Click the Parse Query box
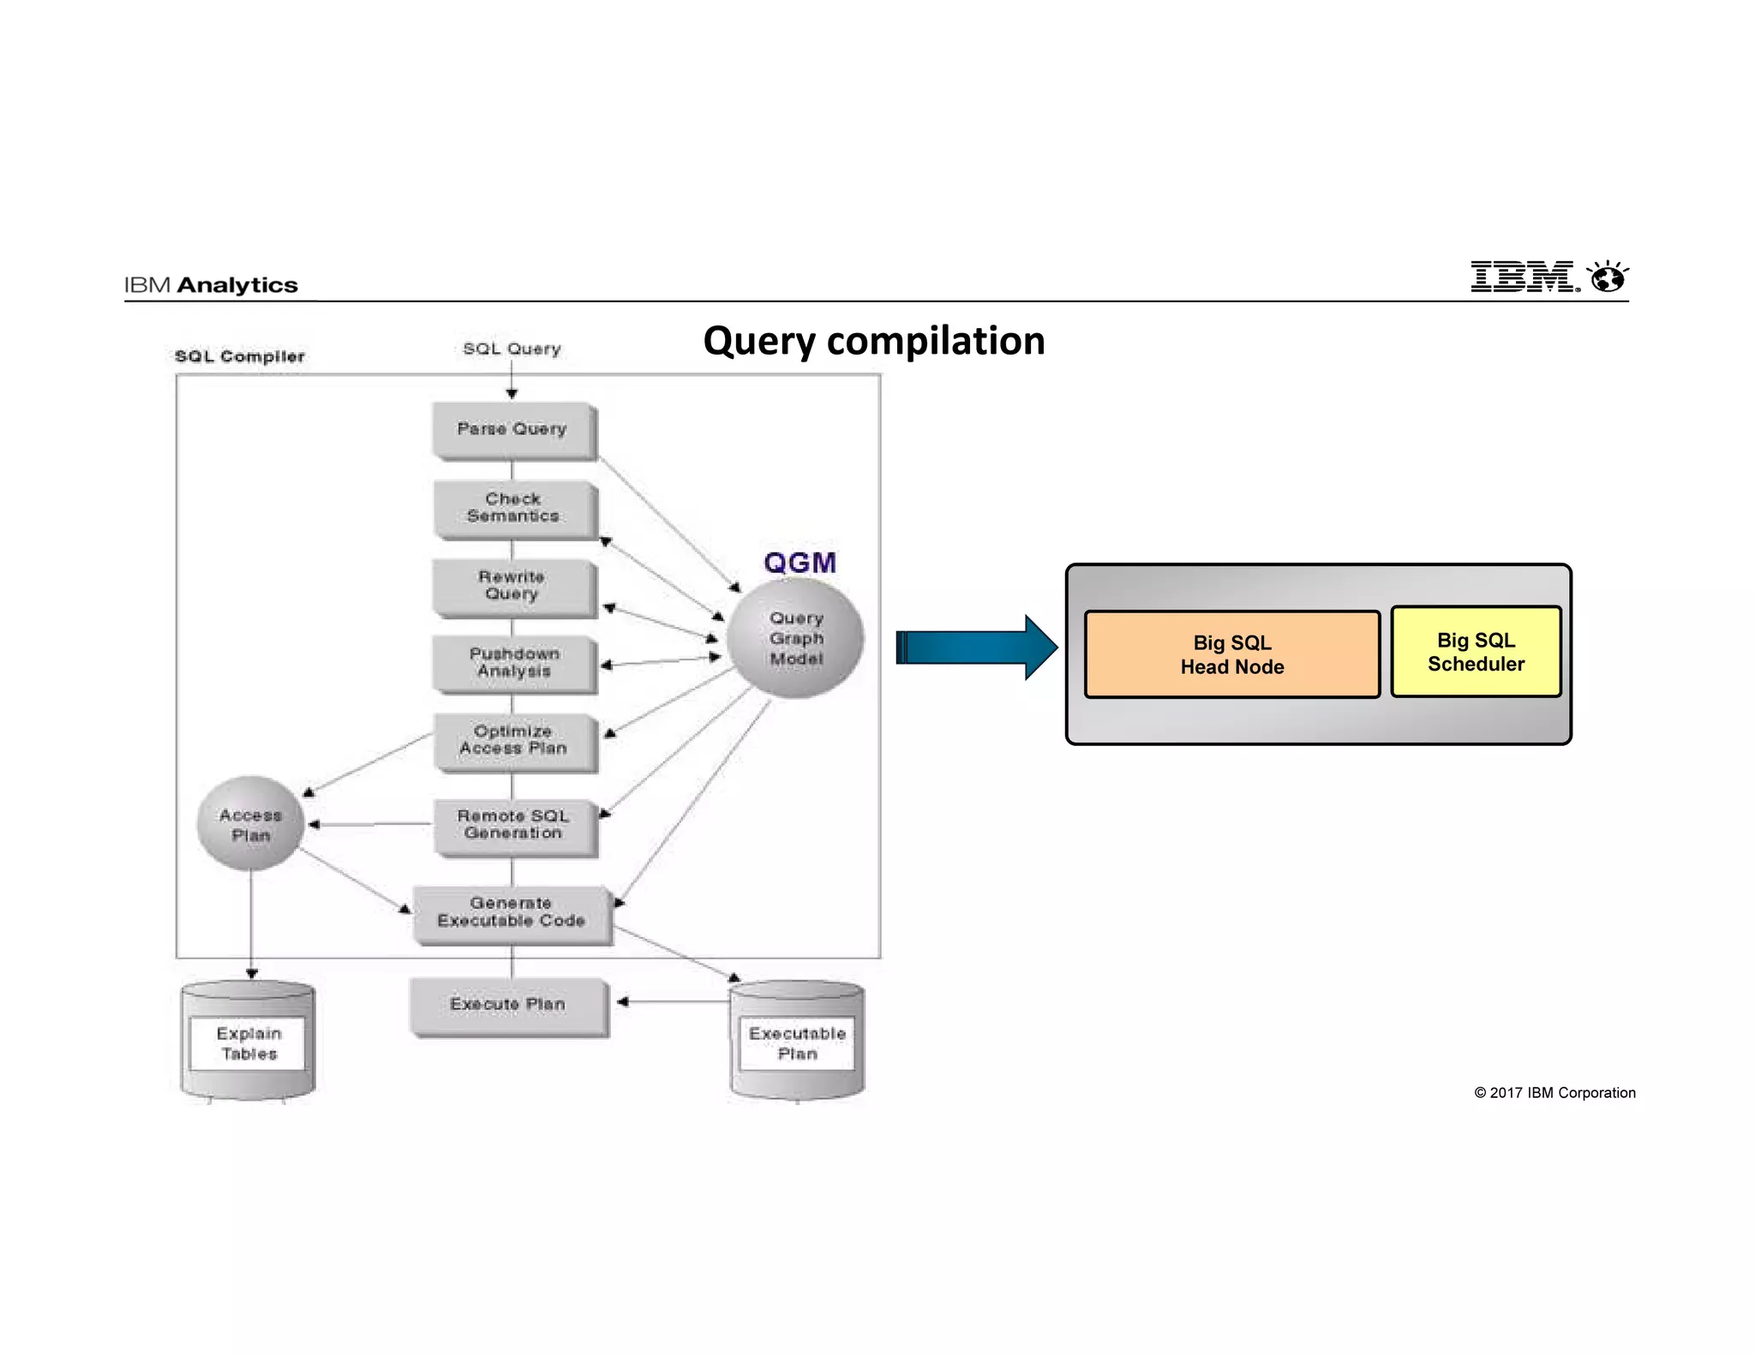coord(512,429)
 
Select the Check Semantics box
coord(513,508)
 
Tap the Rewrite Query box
coord(512,586)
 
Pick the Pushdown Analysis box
coord(513,663)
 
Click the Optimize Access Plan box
coord(513,741)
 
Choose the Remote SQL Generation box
coord(513,825)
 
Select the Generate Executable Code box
coord(512,913)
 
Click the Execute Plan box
coord(508,1005)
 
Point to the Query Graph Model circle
coord(795,639)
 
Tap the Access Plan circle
coord(250,825)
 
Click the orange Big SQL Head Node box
coord(1231,655)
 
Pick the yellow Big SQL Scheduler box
coord(1476,653)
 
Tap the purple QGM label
coord(800,563)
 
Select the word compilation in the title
coord(935,341)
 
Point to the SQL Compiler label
coord(240,356)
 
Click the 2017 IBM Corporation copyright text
coord(1554,1093)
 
